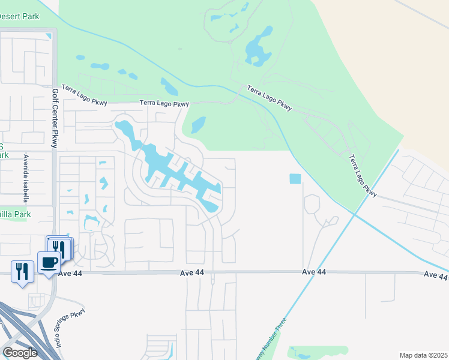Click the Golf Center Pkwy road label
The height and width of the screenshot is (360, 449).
pos(54,118)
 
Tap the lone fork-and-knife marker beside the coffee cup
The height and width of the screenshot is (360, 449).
pos(20,271)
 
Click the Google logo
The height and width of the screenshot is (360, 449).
pos(20,353)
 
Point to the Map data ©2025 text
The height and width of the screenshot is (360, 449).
pos(423,355)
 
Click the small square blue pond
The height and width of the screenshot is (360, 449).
pos(295,179)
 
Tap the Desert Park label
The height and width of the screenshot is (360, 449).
pos(19,16)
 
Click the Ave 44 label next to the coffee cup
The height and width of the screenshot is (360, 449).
pos(71,274)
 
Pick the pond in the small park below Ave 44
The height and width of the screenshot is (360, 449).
pos(300,350)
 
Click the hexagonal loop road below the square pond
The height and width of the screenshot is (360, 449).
pos(312,204)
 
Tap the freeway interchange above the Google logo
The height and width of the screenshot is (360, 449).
pos(24,327)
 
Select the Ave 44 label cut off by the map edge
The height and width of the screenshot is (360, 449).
pos(436,275)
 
